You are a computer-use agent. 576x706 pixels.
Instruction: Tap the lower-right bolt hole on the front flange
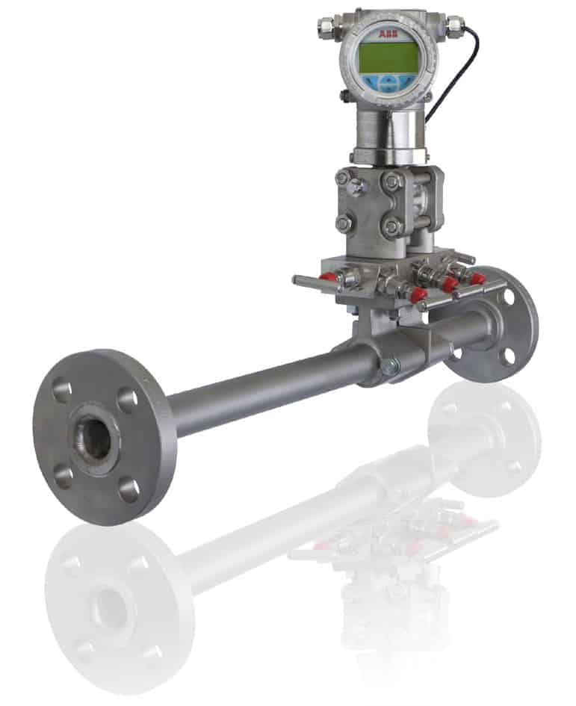coord(128,489)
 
